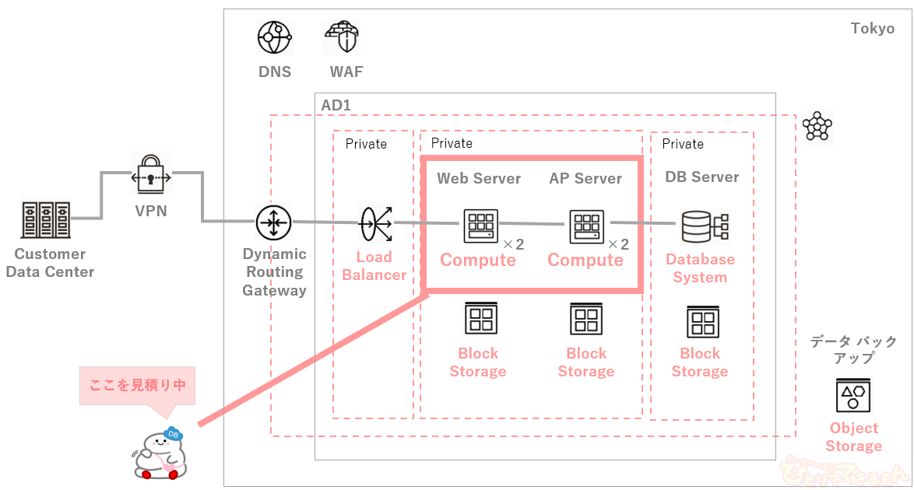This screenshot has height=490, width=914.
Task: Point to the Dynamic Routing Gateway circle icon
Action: [x=274, y=222]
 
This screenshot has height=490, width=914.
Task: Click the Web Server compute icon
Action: [x=480, y=226]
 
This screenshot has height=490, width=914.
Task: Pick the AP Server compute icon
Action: [x=586, y=226]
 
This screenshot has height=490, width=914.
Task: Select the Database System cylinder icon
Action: [x=703, y=227]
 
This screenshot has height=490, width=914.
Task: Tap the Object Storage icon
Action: [x=853, y=394]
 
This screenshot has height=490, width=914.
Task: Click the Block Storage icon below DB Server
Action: [x=702, y=323]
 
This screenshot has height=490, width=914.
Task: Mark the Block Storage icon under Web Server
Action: [x=480, y=319]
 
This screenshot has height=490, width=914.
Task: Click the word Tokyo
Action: [x=872, y=29]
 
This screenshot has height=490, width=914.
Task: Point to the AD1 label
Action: [x=336, y=104]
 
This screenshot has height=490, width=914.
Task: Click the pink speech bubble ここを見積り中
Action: [x=137, y=385]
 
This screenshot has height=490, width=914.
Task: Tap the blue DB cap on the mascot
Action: [x=173, y=434]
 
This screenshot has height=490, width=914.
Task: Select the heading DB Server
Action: [x=702, y=177]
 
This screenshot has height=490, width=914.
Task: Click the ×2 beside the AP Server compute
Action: [x=618, y=244]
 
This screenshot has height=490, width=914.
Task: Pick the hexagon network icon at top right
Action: [x=817, y=126]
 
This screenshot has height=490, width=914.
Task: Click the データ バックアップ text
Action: [x=853, y=349]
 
